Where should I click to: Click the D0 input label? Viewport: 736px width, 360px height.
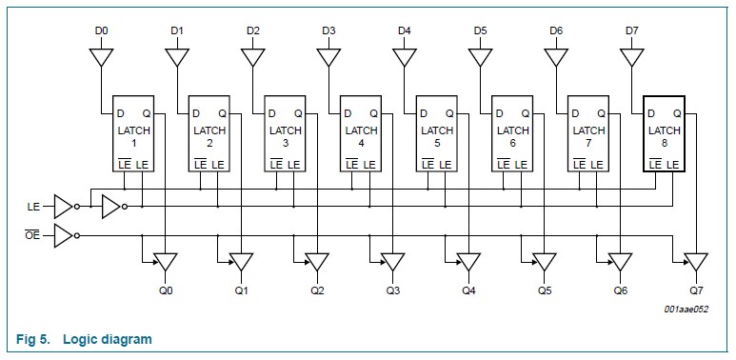(101, 31)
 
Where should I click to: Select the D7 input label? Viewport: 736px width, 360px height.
(632, 31)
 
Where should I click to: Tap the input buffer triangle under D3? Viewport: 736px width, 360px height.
(328, 57)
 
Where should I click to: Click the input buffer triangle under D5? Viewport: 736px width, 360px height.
(481, 57)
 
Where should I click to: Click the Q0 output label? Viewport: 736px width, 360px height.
(167, 290)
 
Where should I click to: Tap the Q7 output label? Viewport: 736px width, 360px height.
(698, 290)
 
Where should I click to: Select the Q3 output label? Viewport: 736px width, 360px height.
(393, 290)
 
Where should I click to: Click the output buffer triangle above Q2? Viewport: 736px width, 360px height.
(317, 261)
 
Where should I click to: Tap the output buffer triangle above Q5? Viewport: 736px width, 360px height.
(545, 261)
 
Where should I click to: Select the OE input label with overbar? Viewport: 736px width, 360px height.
(33, 235)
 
